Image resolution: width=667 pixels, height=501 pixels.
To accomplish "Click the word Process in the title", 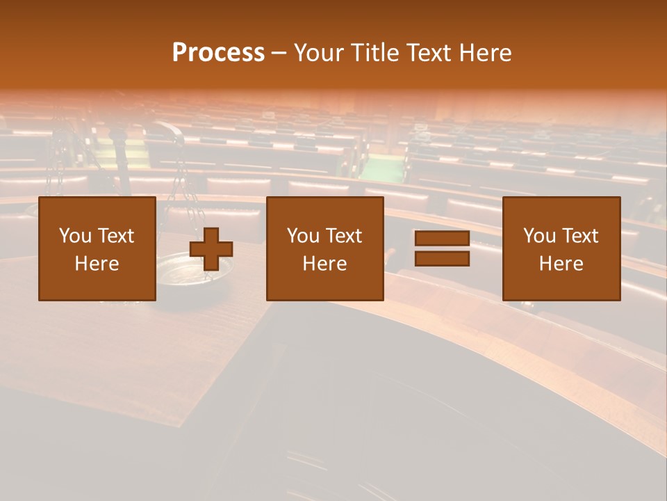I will (218, 53).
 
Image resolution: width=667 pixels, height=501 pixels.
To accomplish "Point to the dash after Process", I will (279, 53).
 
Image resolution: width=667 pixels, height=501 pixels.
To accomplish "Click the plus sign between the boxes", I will (211, 249).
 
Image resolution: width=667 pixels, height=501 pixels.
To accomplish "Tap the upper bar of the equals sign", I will (442, 239).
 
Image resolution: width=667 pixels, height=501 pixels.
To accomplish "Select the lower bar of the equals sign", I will (442, 258).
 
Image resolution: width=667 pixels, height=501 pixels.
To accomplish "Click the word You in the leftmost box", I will (75, 236).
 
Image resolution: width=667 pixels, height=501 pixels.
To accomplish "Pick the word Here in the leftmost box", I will (97, 264).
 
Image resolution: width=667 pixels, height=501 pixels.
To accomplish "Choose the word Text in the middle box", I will (343, 236).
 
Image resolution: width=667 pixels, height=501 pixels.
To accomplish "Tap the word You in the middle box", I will (303, 236).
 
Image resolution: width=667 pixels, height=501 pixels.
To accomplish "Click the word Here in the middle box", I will (324, 264).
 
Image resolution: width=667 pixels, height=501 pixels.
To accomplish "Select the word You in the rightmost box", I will (539, 236).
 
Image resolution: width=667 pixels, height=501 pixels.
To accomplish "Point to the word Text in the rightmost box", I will (579, 236).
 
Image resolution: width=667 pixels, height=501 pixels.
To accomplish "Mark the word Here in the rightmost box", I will (561, 264).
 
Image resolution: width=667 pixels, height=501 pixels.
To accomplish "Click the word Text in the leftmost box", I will (115, 236).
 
